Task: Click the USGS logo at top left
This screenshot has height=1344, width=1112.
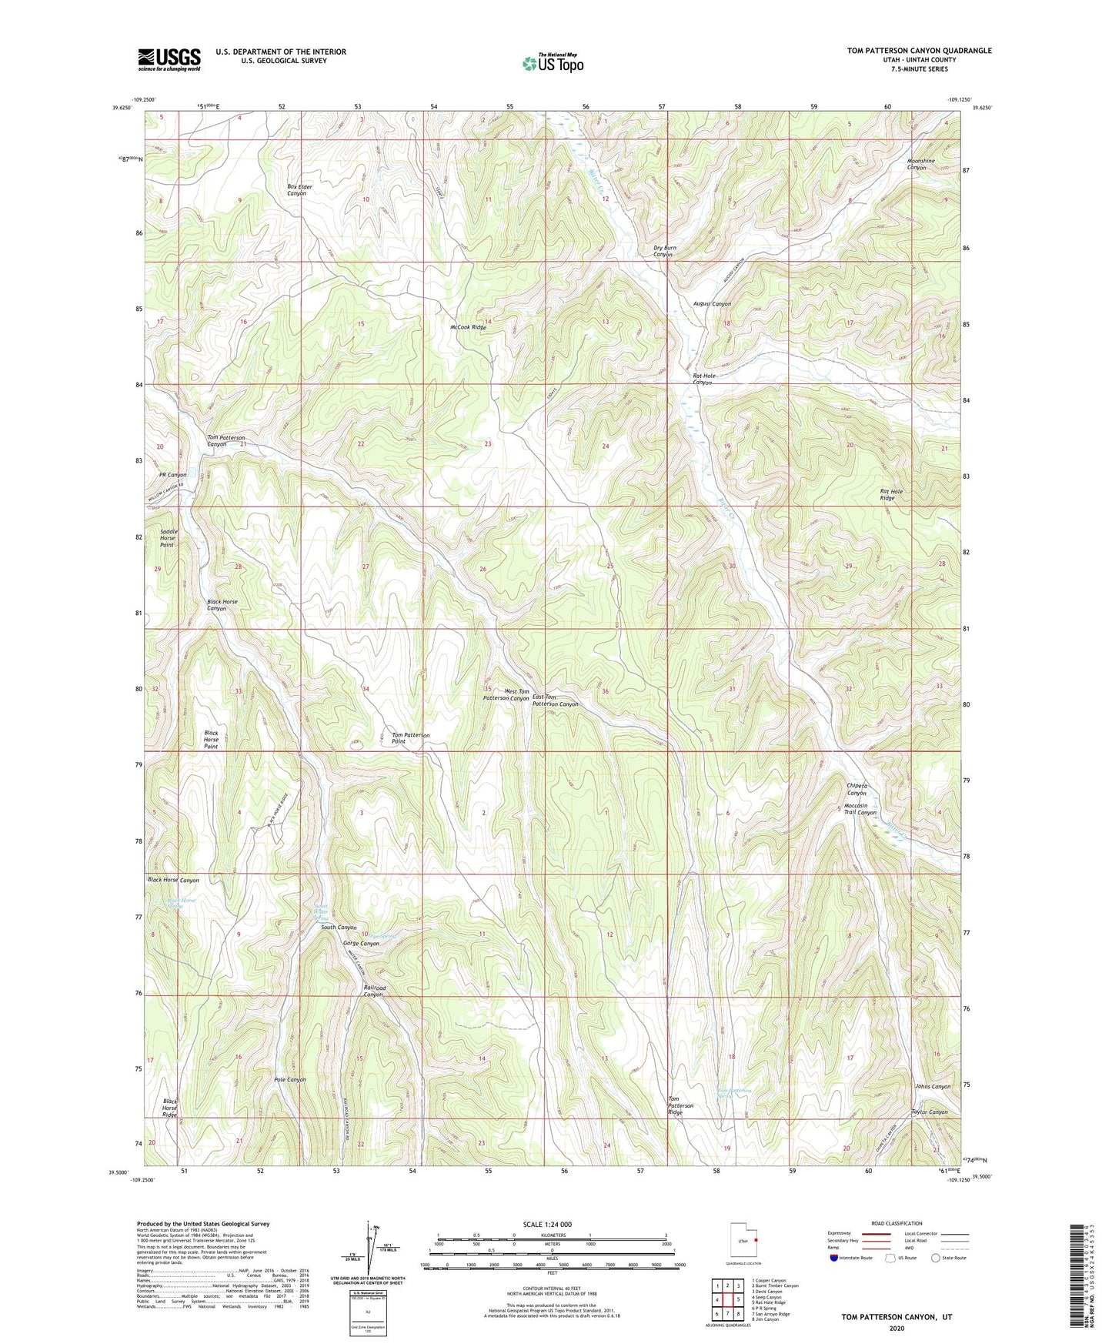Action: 169,59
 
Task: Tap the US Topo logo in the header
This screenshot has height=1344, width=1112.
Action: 552,63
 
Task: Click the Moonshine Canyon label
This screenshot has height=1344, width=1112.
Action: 920,164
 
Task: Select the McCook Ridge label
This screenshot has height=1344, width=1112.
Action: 468,327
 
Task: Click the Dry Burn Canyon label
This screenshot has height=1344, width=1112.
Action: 664,251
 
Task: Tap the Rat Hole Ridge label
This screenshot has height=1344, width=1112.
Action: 891,494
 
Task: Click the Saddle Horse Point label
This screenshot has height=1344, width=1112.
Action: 168,538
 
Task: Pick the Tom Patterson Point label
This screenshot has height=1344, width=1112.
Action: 410,738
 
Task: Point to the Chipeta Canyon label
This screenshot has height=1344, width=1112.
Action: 857,789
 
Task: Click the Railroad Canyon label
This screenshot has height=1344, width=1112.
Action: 374,991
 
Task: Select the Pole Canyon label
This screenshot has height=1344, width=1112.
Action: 289,1079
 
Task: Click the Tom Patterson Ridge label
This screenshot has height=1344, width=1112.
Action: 680,1105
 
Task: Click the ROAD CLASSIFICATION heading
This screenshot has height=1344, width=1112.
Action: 897,1223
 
